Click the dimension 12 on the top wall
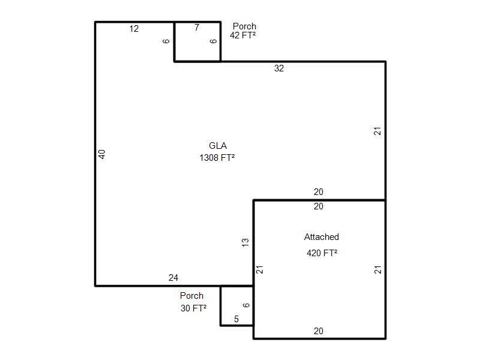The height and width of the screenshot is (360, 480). (134, 29)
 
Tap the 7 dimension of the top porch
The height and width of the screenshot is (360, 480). (197, 28)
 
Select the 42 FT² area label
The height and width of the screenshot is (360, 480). (243, 35)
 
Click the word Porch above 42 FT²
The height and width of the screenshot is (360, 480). (244, 26)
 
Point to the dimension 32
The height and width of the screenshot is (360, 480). (279, 68)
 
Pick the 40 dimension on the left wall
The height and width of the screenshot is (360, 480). (102, 154)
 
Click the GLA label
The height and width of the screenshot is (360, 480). (218, 145)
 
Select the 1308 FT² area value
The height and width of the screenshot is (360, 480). (217, 158)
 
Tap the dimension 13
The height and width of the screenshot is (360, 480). (245, 242)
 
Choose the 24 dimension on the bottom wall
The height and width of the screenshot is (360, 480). (173, 278)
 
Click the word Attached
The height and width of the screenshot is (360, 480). (322, 237)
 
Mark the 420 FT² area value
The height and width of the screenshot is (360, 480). (322, 253)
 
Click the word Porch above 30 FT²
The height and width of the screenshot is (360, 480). (191, 296)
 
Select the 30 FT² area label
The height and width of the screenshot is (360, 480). (193, 308)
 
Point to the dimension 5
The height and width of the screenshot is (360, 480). (236, 319)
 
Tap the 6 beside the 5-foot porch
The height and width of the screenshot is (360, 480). (247, 305)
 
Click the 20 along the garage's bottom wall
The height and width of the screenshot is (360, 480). (319, 331)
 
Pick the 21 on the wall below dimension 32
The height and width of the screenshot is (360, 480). (377, 131)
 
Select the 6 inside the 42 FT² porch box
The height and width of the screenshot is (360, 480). (214, 41)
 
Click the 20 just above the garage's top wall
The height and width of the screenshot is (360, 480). (319, 192)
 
